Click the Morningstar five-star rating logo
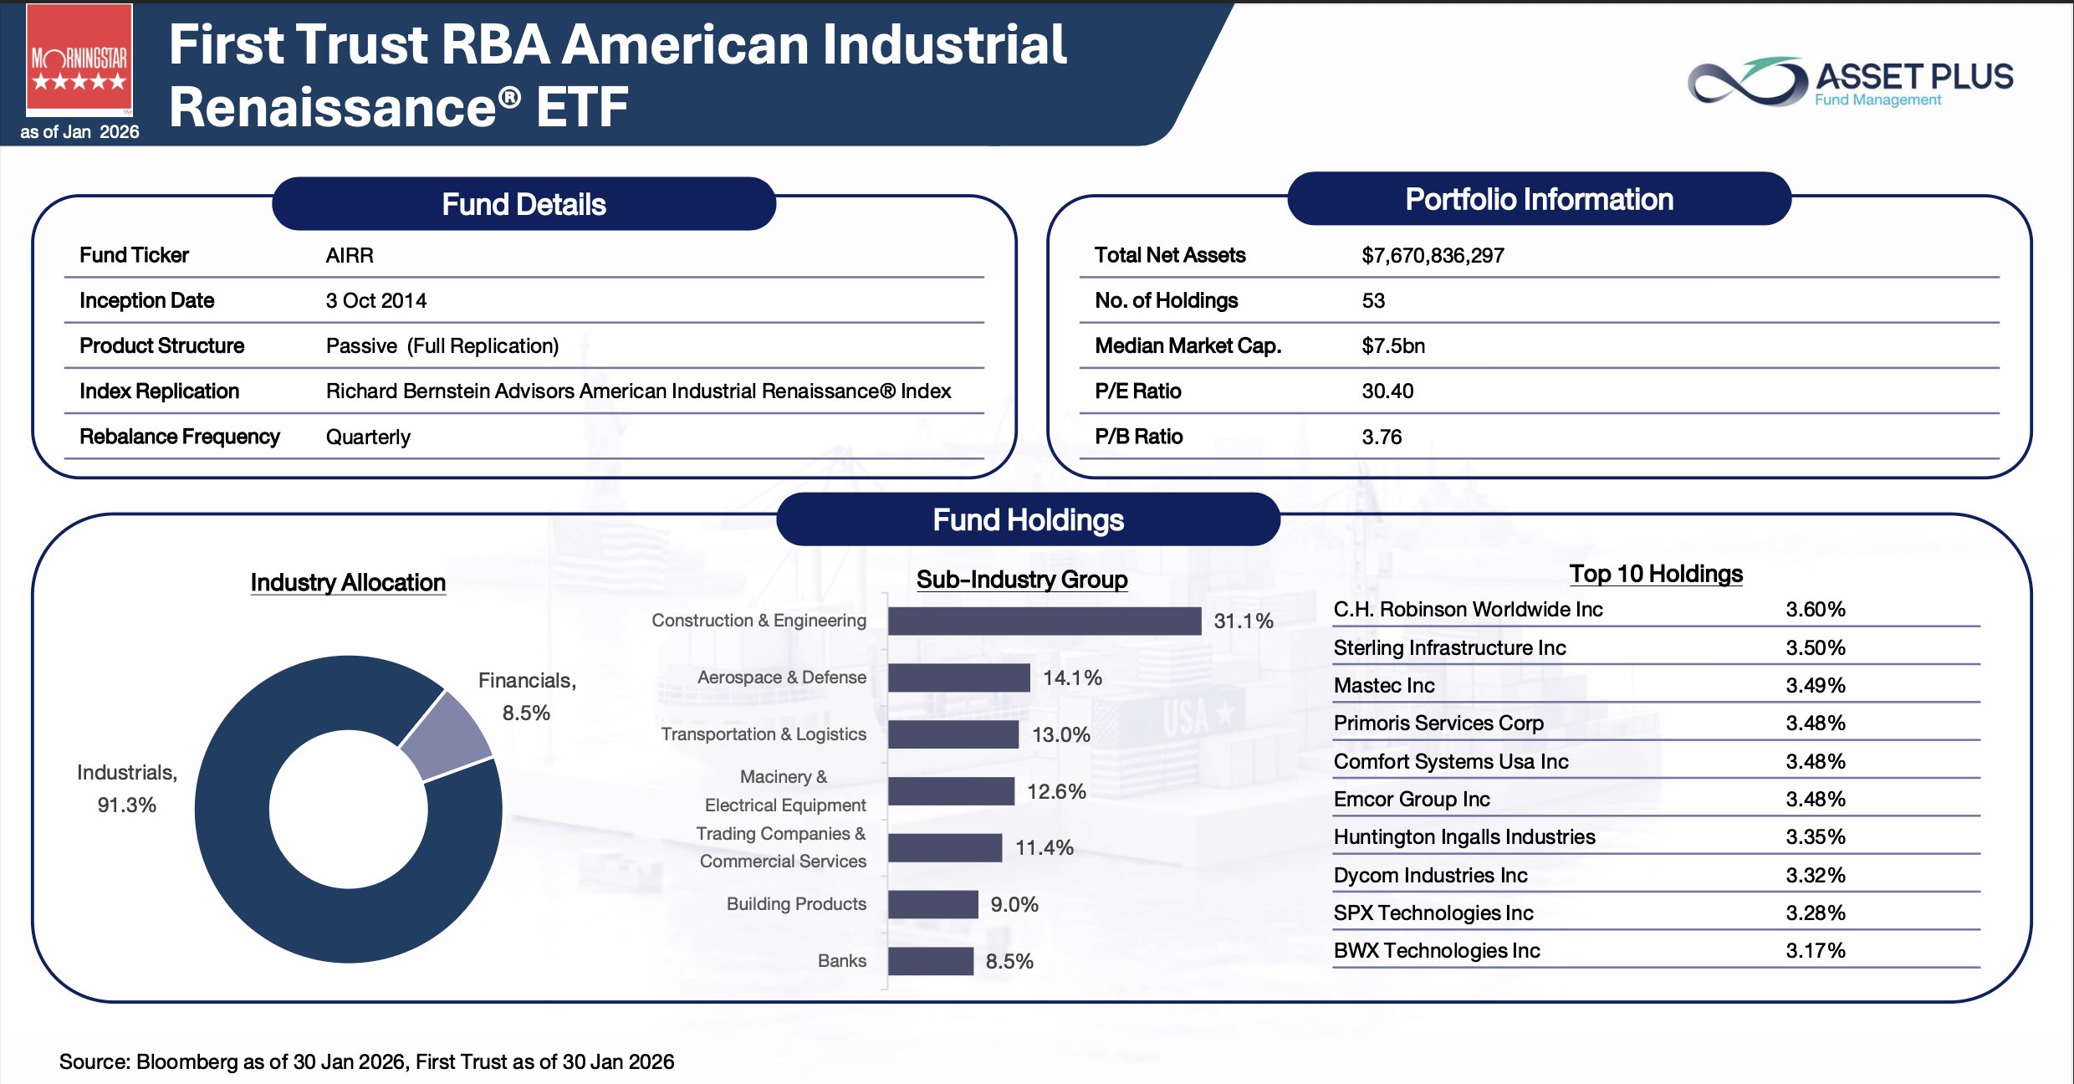[79, 60]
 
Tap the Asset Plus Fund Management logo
[1850, 81]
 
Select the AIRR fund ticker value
[350, 255]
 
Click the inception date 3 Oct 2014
[376, 300]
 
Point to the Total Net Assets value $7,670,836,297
[1433, 255]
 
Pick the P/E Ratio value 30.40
[1387, 391]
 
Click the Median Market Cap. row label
[1188, 345]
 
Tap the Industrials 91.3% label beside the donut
[127, 788]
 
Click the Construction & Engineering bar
[1045, 621]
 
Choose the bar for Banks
[931, 961]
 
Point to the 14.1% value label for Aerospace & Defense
[1072, 677]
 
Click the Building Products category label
[796, 903]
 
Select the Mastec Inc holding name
[1384, 685]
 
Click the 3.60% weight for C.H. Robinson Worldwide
[1816, 609]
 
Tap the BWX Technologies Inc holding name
[1437, 950]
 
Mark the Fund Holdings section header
[1029, 519]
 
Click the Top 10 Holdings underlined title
[1656, 574]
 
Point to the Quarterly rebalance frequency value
[368, 437]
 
